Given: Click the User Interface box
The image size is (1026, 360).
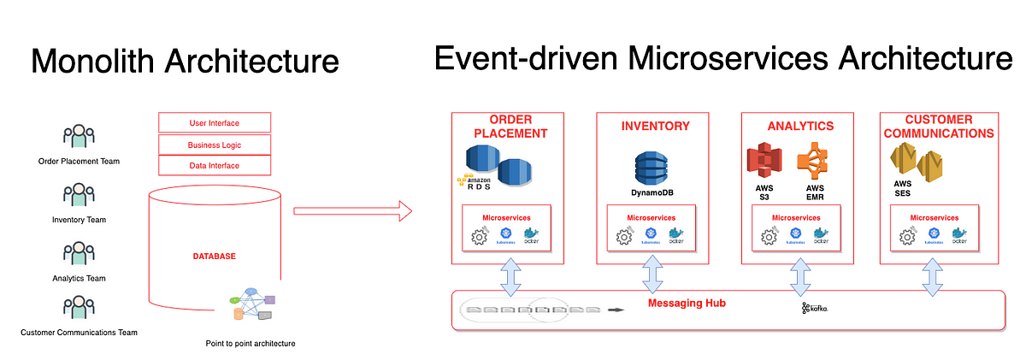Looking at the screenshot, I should coord(215,123).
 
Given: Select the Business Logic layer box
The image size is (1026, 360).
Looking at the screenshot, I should coord(215,145).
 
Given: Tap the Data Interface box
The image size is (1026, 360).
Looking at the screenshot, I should coord(215,165).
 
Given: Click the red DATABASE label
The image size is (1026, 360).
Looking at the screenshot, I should coord(215,256).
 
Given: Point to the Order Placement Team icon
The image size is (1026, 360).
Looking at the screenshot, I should coord(79,137).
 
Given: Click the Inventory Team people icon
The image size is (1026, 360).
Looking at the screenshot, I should coord(79,196).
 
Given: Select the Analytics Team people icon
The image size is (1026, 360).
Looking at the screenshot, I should coord(79,254).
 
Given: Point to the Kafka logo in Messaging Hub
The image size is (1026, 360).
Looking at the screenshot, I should coord(815,308).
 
